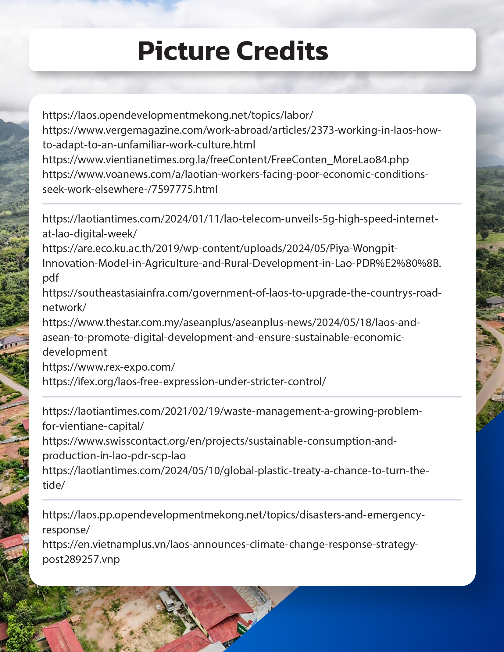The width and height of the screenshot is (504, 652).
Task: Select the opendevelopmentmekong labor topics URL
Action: tap(178, 115)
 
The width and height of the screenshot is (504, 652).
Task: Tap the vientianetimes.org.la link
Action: tap(226, 160)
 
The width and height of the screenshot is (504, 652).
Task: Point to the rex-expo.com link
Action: tap(109, 367)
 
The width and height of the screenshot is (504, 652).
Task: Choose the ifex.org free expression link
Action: tap(184, 382)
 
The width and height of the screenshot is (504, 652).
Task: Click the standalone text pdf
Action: tap(51, 278)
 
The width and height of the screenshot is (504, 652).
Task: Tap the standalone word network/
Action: tap(64, 308)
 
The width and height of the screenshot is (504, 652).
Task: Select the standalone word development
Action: tap(75, 352)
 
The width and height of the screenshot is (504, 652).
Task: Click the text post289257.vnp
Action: tap(81, 559)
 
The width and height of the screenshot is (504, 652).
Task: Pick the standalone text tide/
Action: tap(54, 485)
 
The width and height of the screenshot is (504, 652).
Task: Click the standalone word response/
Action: tap(66, 530)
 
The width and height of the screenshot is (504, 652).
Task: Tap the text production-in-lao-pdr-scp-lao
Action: tap(114, 456)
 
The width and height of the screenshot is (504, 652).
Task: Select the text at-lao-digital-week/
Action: tap(90, 234)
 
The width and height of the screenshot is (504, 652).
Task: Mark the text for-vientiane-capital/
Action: tap(93, 426)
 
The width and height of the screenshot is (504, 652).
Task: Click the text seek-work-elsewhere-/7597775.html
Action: tap(130, 189)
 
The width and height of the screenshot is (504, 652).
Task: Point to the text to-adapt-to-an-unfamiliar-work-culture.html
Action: tap(149, 145)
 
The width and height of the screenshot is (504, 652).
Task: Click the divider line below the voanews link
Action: tap(252, 204)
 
